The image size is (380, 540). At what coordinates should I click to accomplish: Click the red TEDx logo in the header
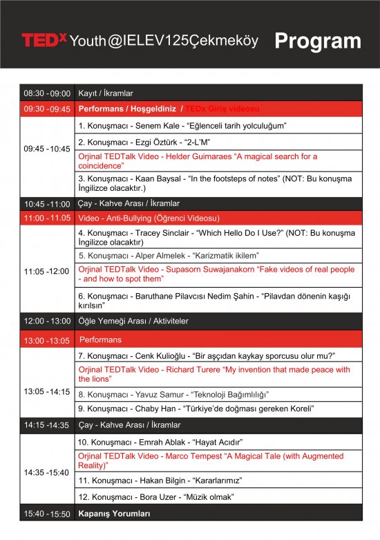click(44, 40)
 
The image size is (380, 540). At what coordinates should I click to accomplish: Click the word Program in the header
click(317, 41)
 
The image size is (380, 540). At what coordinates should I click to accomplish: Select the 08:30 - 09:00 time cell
click(47, 93)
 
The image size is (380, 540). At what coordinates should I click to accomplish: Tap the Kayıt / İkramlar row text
click(106, 93)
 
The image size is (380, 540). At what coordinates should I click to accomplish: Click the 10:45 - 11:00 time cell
click(47, 204)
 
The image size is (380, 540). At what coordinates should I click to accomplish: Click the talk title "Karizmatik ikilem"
click(224, 255)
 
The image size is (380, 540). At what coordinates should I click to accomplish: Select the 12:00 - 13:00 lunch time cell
click(47, 322)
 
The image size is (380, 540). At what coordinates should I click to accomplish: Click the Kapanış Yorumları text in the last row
click(114, 514)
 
